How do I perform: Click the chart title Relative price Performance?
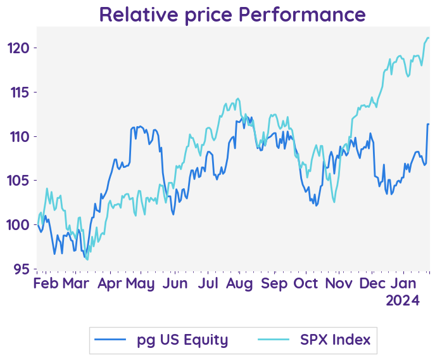(x=232, y=14)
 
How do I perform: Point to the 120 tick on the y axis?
(x=19, y=48)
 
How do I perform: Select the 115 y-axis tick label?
(x=19, y=93)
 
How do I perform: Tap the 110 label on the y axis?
(x=19, y=136)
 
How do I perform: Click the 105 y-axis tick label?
(x=19, y=181)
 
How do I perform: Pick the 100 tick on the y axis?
(x=19, y=225)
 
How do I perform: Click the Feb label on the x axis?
(x=46, y=283)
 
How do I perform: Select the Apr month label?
(x=110, y=283)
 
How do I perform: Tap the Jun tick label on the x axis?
(x=175, y=283)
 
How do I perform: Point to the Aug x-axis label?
(x=241, y=283)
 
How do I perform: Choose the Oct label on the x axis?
(x=306, y=283)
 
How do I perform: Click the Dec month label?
(x=371, y=283)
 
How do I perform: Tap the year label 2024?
(x=403, y=300)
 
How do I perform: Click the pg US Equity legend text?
(x=182, y=340)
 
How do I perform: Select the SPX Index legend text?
(x=335, y=340)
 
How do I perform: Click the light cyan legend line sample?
(x=275, y=340)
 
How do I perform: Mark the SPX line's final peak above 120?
(x=427, y=38)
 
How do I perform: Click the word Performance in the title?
(x=302, y=14)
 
